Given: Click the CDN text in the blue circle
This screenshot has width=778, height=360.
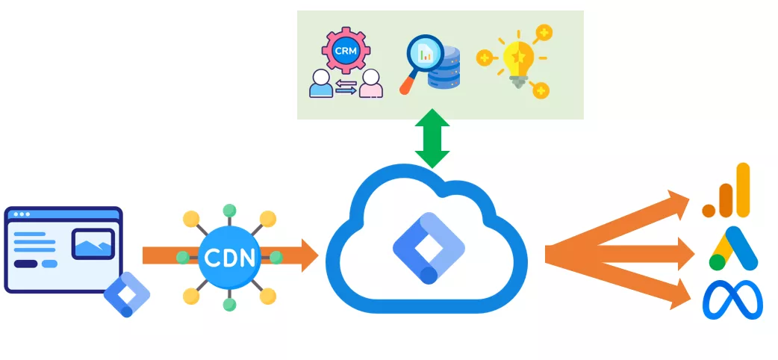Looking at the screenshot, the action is tap(229, 258).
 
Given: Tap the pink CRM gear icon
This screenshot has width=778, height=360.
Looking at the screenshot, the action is tap(346, 51).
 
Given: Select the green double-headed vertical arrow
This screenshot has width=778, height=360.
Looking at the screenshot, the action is tap(432, 138).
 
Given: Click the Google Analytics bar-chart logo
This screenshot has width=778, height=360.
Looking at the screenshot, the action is tap(726, 190).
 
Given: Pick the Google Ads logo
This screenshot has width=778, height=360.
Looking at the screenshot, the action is tap(733, 249).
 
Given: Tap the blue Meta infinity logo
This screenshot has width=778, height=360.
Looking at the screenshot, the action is tap(732, 300).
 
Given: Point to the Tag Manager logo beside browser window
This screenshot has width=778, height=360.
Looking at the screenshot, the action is tap(127, 294).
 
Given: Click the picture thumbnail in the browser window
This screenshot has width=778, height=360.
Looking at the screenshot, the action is tap(93, 243).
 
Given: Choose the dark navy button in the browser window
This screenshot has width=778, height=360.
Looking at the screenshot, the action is tap(25, 264).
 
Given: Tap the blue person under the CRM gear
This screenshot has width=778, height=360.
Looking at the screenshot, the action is tap(321, 84).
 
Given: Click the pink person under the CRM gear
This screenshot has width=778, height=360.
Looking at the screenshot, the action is tap(370, 84).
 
